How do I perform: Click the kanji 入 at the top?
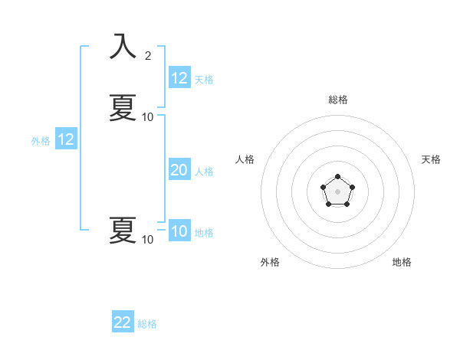click(123, 47)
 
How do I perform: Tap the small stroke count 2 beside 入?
click(148, 55)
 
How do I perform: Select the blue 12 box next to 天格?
click(179, 78)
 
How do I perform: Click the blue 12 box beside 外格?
click(65, 139)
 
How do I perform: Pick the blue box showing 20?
click(179, 170)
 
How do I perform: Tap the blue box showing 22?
click(123, 322)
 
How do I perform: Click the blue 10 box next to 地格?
click(179, 231)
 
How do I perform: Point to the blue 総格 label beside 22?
click(147, 324)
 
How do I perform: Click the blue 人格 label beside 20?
click(205, 172)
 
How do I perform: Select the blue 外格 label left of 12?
click(41, 141)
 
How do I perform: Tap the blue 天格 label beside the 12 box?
click(204, 80)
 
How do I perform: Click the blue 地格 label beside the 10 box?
click(204, 233)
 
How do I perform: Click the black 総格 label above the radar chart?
click(337, 100)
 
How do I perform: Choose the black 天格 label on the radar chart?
click(431, 159)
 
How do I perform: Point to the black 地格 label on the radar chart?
click(402, 262)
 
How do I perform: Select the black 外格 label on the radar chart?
click(270, 262)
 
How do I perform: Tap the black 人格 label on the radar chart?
click(245, 159)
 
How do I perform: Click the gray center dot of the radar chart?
click(337, 191)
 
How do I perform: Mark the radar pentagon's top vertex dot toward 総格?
click(337, 176)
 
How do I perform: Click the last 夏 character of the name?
click(123, 230)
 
